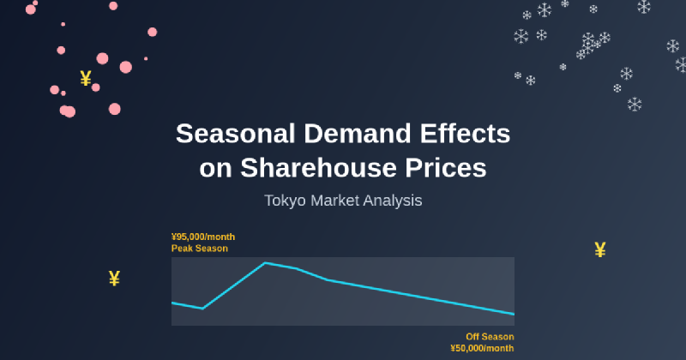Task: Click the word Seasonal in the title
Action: pos(231,134)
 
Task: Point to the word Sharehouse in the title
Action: pos(316,167)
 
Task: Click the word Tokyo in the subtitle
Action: pos(286,201)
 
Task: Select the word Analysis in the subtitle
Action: pos(394,201)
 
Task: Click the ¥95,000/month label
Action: pos(203,237)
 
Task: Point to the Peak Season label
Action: pos(200,248)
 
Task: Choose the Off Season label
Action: pos(490,337)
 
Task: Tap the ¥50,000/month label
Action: pos(482,348)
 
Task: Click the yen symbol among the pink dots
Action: pos(86,79)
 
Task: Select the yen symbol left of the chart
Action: pos(114,278)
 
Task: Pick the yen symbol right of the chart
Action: pos(600,250)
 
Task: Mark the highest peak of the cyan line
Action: pos(265,262)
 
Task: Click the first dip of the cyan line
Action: pos(203,308)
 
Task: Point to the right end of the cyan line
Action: pos(514,314)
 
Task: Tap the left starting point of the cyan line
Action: pos(172,303)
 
